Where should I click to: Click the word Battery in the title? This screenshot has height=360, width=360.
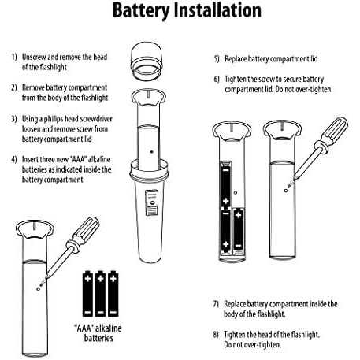click(141, 11)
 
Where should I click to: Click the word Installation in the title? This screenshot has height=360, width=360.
click(217, 10)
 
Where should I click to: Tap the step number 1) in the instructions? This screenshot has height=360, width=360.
click(14, 57)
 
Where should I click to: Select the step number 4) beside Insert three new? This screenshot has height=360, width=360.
click(14, 159)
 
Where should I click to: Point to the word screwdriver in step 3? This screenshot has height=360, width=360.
click(96, 119)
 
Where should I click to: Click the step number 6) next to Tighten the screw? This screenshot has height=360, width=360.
click(217, 79)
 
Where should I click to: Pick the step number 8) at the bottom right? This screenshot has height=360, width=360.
click(216, 335)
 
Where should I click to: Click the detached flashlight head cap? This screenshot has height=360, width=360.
click(147, 60)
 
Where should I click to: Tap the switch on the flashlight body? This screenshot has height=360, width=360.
click(151, 202)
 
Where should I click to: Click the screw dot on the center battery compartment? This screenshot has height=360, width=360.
click(151, 151)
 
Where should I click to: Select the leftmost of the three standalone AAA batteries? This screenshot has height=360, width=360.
click(87, 294)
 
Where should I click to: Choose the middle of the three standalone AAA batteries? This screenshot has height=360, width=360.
click(100, 294)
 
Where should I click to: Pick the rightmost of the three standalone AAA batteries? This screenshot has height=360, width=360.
click(113, 294)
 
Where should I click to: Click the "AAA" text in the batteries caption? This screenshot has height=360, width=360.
click(84, 328)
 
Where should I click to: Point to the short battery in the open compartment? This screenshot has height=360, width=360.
click(239, 232)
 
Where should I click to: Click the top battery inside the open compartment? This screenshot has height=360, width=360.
click(226, 184)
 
